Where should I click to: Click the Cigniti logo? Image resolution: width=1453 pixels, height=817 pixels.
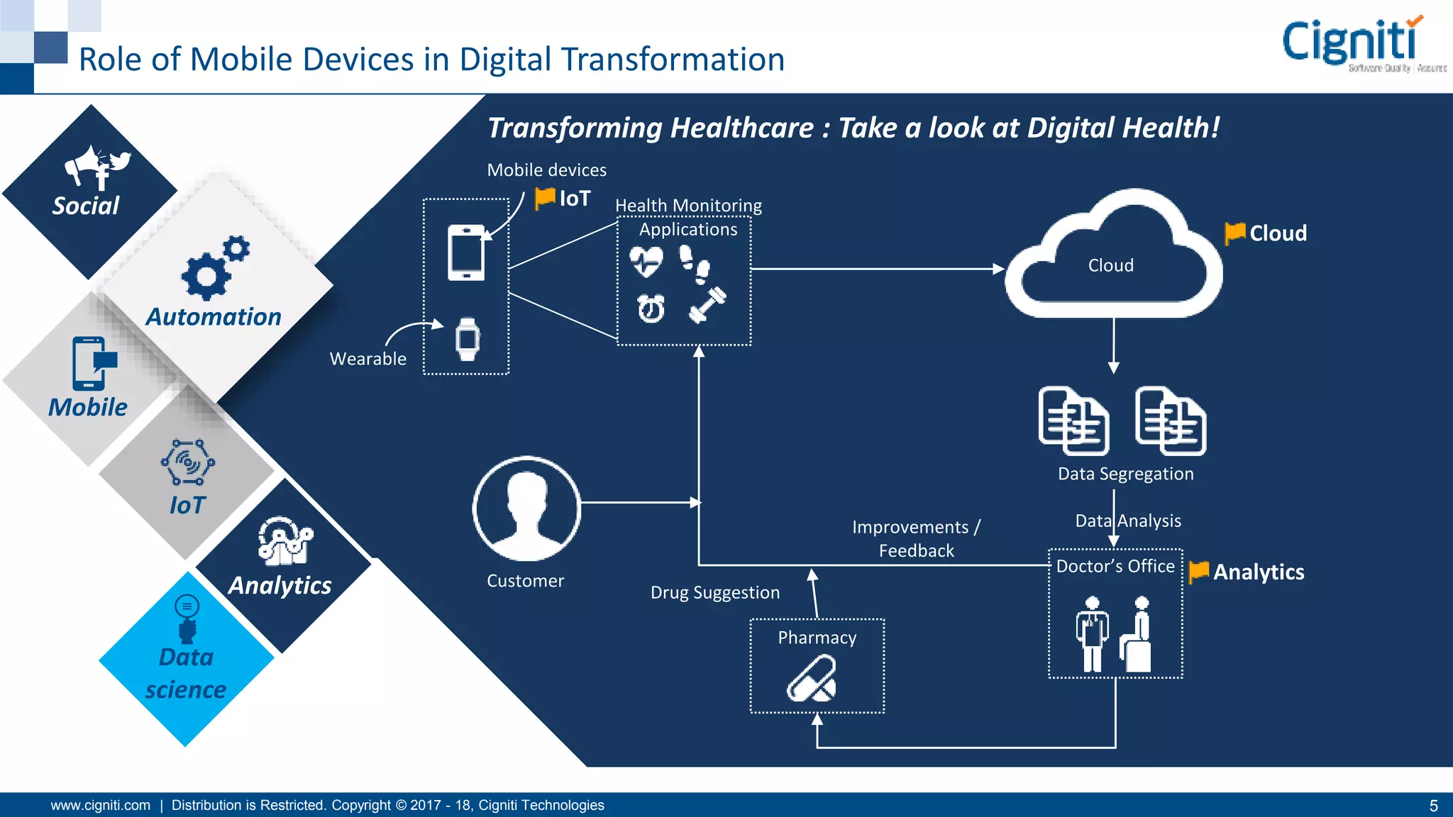(1362, 44)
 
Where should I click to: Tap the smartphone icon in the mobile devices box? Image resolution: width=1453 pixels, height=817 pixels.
(466, 252)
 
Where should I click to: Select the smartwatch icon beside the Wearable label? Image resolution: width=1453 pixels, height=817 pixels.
(467, 339)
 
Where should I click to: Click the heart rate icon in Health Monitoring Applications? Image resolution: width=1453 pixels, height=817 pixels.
(646, 262)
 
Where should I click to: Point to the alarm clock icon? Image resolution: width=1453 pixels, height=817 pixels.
(651, 309)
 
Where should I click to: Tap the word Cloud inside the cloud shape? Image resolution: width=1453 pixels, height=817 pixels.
(1110, 265)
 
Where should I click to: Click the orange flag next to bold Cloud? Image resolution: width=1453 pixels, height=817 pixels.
(1234, 233)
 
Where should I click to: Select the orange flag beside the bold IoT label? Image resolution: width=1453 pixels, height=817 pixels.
(544, 198)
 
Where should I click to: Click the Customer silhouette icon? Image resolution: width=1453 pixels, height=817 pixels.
(526, 508)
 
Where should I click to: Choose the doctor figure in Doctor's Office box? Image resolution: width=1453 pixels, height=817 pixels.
(1092, 633)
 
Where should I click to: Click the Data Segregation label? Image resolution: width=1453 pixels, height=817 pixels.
(1125, 474)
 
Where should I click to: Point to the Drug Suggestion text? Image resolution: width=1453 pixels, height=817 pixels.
(714, 592)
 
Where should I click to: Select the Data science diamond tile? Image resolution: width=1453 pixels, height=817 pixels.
(186, 660)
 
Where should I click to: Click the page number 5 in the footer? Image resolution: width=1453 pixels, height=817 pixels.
(1433, 806)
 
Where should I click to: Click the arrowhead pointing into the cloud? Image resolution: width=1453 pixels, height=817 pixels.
(999, 269)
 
